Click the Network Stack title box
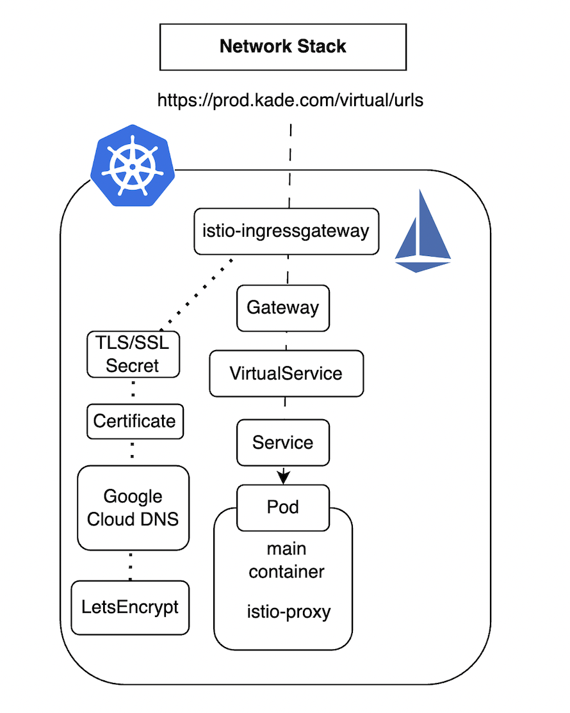coord(283,47)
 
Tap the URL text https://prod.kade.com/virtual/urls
coord(290,100)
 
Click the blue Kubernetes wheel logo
coord(133,166)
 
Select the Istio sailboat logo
coord(423,231)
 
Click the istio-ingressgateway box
coord(286,232)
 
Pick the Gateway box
coord(283,308)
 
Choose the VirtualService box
coord(286,373)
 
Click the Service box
coord(283,442)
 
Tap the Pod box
coord(283,508)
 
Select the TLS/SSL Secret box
coord(133,354)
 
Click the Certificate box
coord(135,422)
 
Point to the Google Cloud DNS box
coord(133,508)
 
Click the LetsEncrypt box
coord(130,607)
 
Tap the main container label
coord(286,560)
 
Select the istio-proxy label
coord(288,612)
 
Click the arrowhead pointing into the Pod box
coord(284,477)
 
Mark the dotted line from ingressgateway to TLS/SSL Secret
coord(197,294)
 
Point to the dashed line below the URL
coord(290,166)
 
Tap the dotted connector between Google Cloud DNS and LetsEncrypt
coord(131,566)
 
